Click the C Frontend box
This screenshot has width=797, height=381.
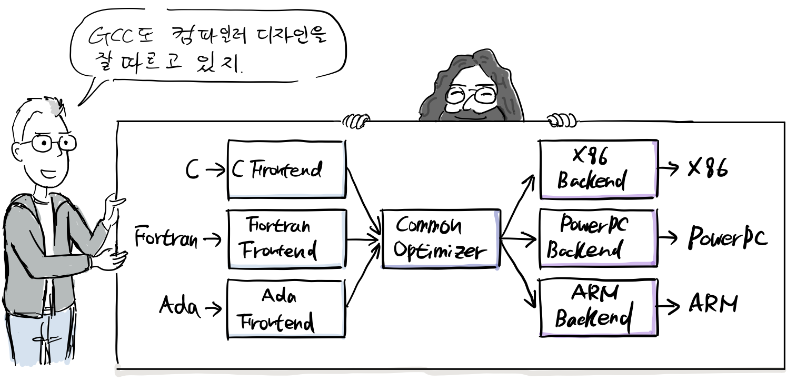(x=286, y=169)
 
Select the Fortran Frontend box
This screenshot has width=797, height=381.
(x=287, y=239)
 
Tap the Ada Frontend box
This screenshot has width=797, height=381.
(x=286, y=308)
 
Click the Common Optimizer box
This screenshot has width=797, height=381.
(x=440, y=239)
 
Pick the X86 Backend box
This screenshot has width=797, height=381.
(x=599, y=169)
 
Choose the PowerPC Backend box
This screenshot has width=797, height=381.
(x=599, y=238)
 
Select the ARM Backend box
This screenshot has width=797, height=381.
(x=599, y=308)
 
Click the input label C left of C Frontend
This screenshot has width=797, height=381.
(x=192, y=170)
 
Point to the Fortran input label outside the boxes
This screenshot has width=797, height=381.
(x=166, y=238)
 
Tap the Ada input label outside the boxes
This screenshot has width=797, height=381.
(x=180, y=307)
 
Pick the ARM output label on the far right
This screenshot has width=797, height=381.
(x=713, y=304)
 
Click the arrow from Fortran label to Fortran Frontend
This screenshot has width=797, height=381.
(x=213, y=239)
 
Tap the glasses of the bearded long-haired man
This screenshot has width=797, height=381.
(x=471, y=95)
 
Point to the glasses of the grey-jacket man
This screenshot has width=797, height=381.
(x=53, y=143)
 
